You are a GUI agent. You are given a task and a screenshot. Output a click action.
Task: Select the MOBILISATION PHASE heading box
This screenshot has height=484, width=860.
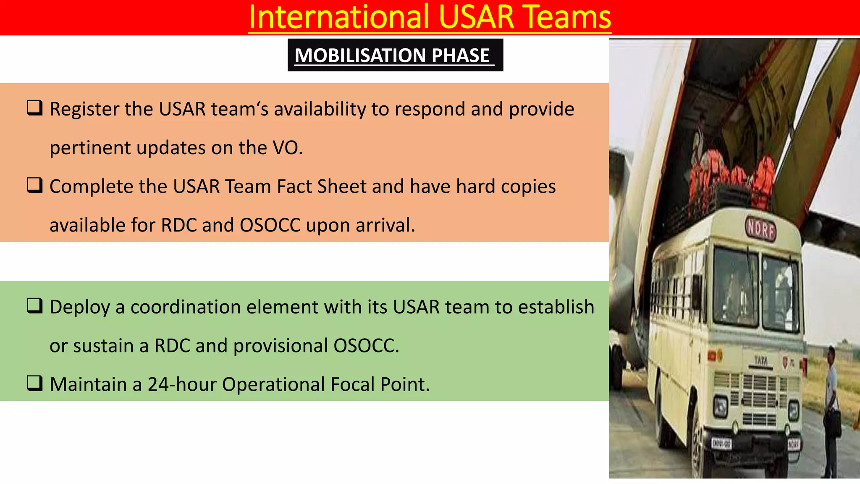395,55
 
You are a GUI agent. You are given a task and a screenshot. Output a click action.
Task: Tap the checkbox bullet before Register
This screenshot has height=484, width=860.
34,108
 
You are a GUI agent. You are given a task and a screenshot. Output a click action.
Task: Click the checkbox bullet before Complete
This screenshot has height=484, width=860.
34,185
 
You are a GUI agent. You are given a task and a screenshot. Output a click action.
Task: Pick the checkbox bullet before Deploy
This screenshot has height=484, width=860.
34,306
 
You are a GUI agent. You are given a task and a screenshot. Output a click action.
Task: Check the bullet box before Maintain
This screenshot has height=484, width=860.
34,383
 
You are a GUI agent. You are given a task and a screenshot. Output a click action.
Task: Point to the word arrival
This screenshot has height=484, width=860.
385,226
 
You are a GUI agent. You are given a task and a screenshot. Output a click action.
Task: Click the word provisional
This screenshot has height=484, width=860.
281,346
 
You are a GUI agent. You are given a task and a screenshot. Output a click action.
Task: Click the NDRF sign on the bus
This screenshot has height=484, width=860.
760,229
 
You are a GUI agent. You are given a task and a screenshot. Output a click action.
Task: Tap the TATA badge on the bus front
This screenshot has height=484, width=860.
760,360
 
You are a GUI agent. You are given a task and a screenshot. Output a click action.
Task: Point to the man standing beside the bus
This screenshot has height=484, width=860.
832,408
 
